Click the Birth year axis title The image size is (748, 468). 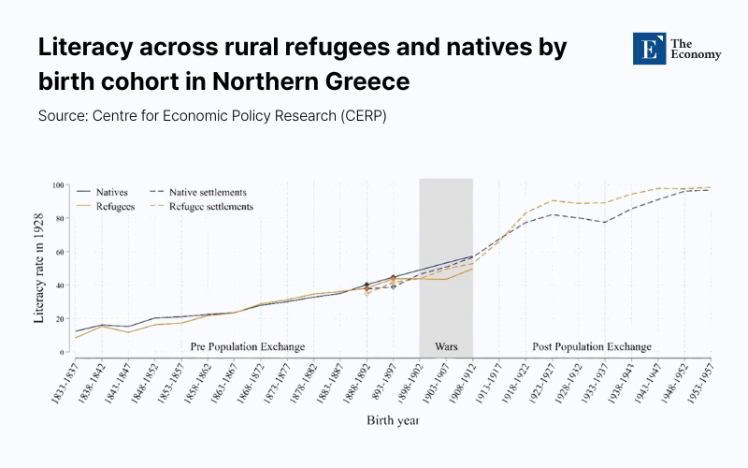tap(392, 420)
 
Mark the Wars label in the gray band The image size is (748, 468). tap(446, 346)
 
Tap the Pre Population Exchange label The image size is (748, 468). tap(247, 346)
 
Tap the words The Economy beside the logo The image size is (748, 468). tap(698, 49)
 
